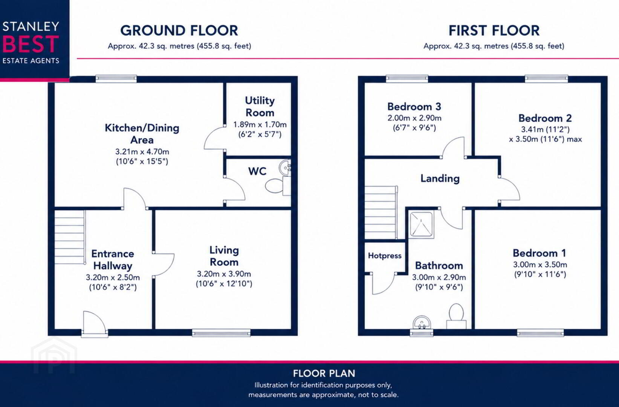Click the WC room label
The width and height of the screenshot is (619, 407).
tap(257, 171)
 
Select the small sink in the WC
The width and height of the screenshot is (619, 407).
tap(285, 168)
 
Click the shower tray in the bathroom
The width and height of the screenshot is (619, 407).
tap(422, 225)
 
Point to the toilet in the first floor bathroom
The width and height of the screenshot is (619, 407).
tap(456, 316)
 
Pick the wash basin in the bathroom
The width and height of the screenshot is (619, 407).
tap(422, 323)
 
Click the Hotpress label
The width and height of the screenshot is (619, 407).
tap(385, 256)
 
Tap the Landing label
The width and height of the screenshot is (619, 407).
tap(440, 179)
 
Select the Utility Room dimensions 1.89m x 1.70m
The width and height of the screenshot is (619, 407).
tap(260, 125)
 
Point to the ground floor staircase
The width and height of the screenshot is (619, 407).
tap(70, 237)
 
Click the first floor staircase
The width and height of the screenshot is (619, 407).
tap(381, 212)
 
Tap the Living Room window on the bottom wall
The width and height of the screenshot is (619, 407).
tap(222, 333)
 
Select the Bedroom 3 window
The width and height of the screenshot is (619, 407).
tap(407, 79)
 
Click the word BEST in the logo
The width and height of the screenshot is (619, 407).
tap(31, 44)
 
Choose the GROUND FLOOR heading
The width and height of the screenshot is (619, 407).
tap(179, 31)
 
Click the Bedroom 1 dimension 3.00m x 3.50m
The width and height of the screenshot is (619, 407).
tap(540, 265)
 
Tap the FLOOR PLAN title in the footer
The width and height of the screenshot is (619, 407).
tap(324, 373)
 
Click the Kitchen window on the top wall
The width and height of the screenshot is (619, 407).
tap(116, 79)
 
